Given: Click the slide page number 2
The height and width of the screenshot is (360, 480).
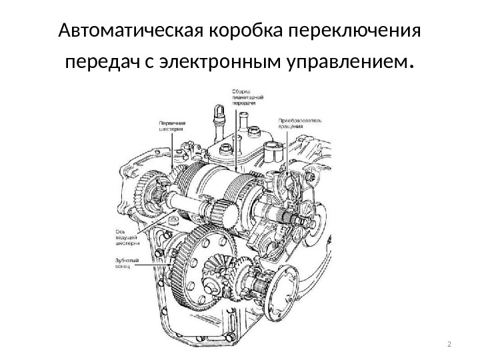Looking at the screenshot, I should click(448, 344).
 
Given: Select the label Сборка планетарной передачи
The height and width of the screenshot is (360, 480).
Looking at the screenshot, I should click(246, 97).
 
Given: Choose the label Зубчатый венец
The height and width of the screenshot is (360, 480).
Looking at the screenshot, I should click(119, 263).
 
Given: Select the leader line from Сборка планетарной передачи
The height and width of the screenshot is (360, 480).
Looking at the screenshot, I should click(235, 140).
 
